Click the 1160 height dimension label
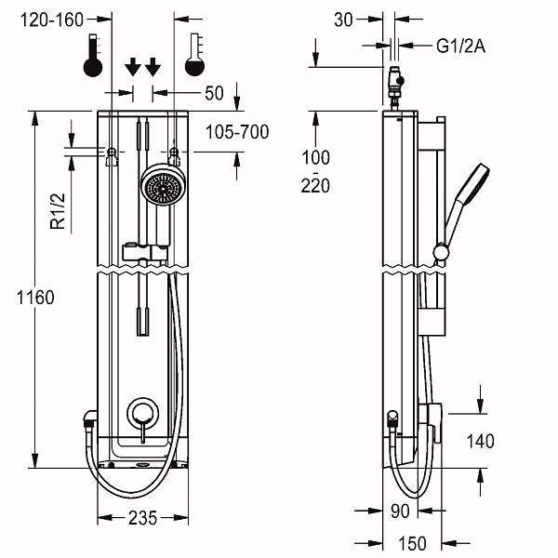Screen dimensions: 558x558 (35, 298)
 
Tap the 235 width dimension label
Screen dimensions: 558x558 (142, 518)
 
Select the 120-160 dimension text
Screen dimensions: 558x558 (52, 20)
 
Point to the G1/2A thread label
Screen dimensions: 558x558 (461, 46)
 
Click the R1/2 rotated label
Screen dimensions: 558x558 (58, 211)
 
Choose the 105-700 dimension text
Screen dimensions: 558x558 (237, 132)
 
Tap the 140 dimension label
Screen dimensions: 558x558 (481, 441)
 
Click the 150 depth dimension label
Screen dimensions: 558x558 (412, 543)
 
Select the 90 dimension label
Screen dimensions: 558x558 (400, 511)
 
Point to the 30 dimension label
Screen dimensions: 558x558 (343, 20)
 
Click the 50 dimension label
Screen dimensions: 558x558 (214, 93)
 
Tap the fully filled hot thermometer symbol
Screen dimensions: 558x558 (93, 55)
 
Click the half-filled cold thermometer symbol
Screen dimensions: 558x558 (194, 55)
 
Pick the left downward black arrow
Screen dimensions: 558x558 (133, 67)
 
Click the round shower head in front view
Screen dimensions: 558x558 (164, 184)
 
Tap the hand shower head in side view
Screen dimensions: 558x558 (467, 201)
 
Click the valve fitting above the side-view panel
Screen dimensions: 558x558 (395, 87)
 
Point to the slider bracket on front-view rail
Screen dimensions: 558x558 (145, 252)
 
